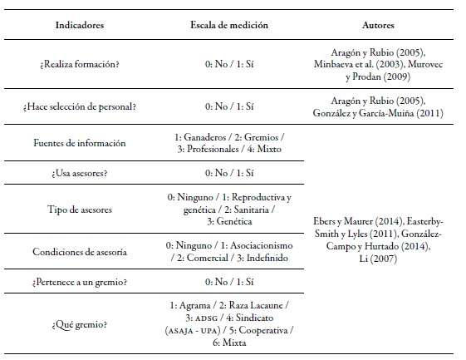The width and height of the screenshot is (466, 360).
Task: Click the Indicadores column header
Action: point(80,25)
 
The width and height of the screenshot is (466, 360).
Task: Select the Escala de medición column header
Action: point(227,25)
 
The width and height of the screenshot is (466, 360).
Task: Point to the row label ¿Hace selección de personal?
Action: point(80,107)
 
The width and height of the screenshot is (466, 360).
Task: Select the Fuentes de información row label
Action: point(80,143)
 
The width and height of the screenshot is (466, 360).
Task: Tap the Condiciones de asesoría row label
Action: point(80,252)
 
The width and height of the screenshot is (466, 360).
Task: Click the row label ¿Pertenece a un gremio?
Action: point(80,283)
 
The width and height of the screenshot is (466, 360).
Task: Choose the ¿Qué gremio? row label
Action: point(80,323)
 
